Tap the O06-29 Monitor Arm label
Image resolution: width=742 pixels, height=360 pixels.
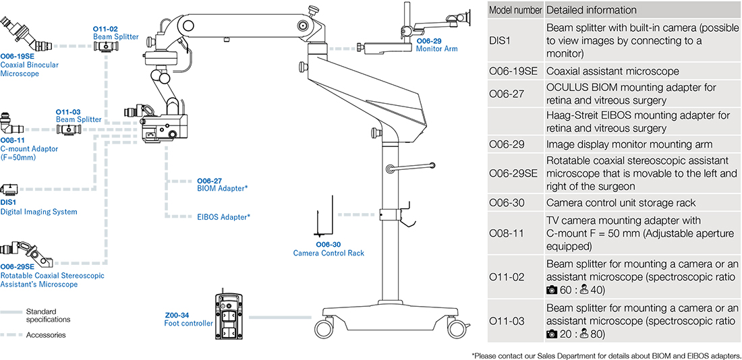pyautogui.click(x=437, y=44)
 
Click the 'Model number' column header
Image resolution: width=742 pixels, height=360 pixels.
pyautogui.click(x=515, y=10)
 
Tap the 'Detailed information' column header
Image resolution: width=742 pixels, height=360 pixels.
pyautogui.click(x=591, y=10)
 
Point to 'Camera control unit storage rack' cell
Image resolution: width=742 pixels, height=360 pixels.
pyautogui.click(x=621, y=202)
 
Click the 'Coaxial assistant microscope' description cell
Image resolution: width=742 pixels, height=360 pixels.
pyautogui.click(x=612, y=71)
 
